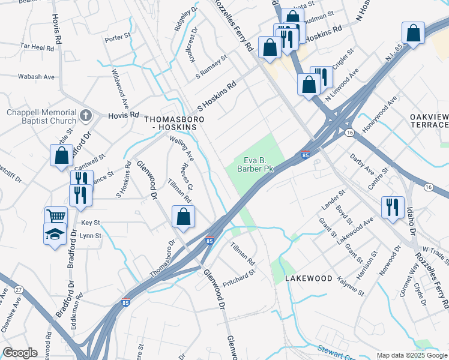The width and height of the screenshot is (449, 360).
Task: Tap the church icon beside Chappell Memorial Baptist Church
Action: (86, 114)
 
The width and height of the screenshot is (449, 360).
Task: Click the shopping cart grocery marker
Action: (56, 216)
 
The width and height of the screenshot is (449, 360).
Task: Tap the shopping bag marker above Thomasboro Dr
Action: (184, 217)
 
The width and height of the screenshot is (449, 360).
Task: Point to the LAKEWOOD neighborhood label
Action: (309, 278)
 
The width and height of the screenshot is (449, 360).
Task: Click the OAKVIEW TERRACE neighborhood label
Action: (429, 120)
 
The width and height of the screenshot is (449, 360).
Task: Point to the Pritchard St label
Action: (239, 272)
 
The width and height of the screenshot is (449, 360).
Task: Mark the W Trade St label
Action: (435, 249)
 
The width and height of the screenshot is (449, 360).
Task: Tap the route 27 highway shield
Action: (18, 289)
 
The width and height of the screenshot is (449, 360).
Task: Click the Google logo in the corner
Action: (20, 353)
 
